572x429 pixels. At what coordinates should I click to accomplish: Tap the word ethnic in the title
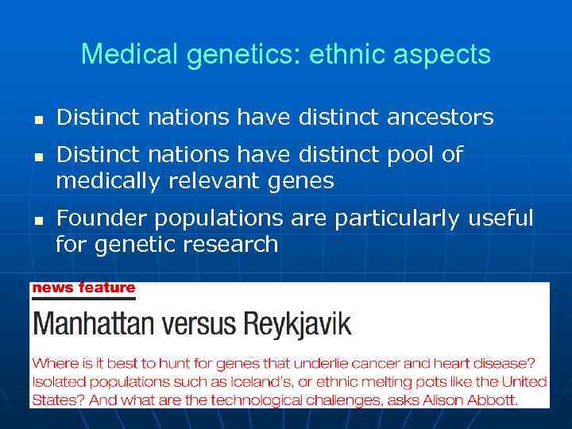(x=326, y=55)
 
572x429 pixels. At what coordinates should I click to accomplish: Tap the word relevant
(x=214, y=182)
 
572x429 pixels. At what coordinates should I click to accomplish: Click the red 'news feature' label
(x=83, y=288)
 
